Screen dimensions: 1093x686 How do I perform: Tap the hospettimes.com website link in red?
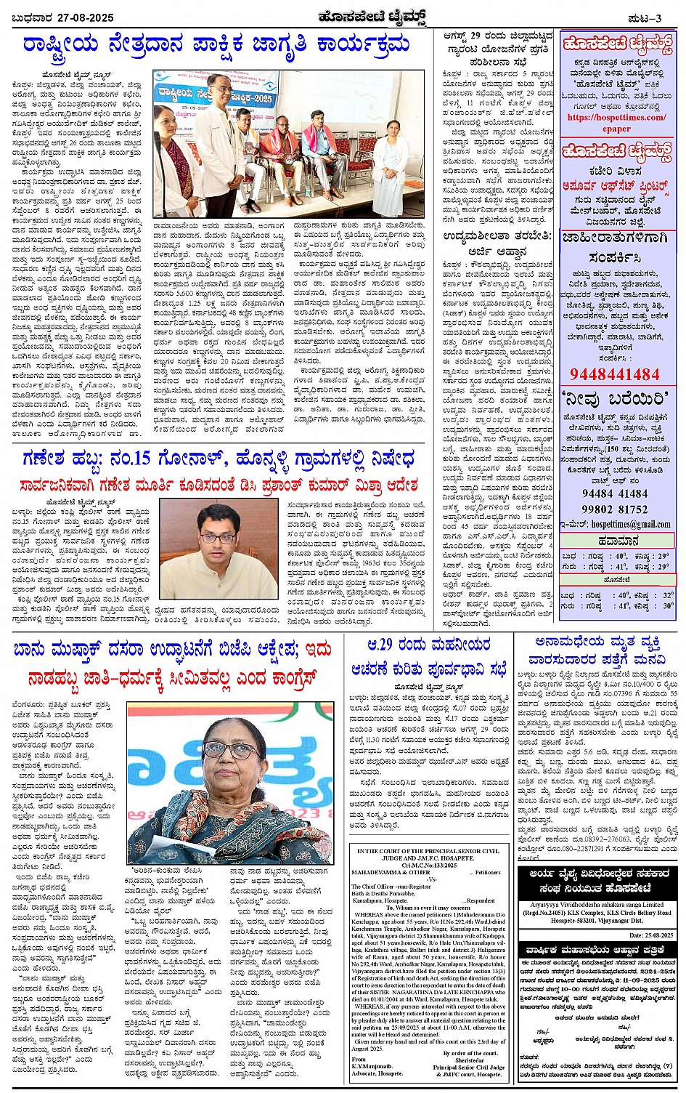pyautogui.click(x=616, y=117)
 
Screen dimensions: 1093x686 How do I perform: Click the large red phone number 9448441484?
pyautogui.click(x=615, y=374)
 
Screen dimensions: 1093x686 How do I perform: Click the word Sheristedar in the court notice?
pyautogui.click(x=470, y=1060)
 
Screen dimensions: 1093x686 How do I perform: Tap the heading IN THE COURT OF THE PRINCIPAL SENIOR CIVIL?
pyautogui.click(x=428, y=850)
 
